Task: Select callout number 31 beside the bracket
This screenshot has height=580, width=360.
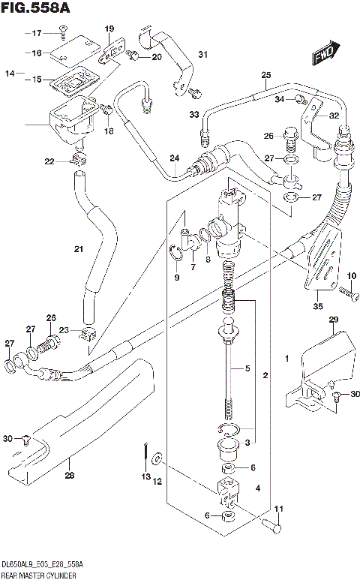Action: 202,54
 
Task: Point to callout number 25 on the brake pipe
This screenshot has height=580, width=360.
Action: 265,74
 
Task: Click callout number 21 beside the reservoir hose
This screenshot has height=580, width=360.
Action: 78,249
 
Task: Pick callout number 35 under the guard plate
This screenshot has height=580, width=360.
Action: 317,305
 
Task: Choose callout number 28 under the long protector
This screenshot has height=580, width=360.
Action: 70,474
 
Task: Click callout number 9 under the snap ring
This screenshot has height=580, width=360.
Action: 177,278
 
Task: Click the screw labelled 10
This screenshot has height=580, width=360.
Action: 346,291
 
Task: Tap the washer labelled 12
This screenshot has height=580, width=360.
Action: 156,458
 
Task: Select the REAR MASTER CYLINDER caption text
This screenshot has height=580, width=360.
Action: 39,574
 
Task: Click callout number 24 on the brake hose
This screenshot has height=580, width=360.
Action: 174,158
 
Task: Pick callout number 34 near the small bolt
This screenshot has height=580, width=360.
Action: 278,99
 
